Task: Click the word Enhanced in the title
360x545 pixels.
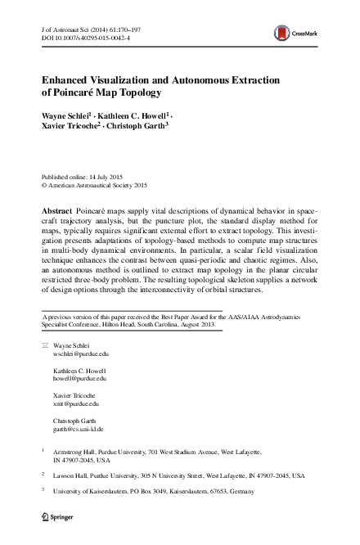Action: [72, 81]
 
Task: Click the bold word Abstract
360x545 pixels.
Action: [57, 211]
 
